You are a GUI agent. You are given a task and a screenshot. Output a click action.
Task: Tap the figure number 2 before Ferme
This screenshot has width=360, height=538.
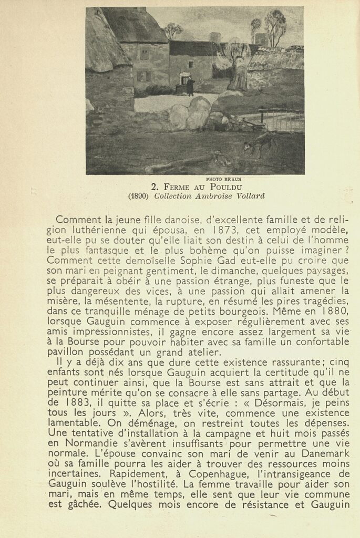pos(154,187)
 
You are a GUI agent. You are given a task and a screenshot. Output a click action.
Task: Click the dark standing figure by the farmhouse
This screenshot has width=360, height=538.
pos(190,87)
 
